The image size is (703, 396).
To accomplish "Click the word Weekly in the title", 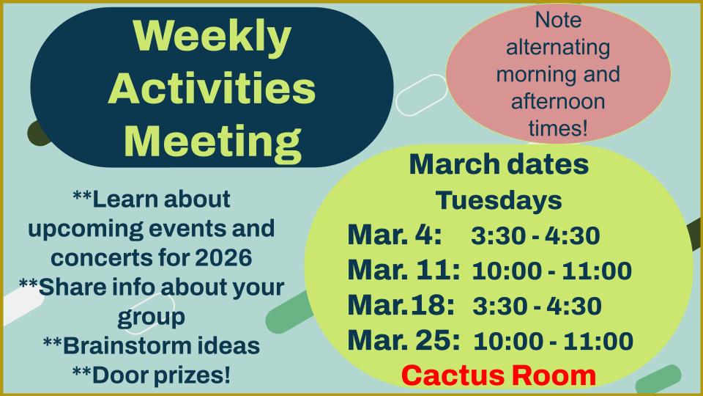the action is [x=212, y=37].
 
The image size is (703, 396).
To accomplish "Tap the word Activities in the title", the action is [x=212, y=88].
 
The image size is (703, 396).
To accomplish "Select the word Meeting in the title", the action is [x=212, y=142].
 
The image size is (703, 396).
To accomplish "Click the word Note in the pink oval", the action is [x=558, y=20].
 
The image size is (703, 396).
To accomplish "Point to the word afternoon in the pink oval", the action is [x=558, y=101].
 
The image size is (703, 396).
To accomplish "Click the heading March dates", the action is [x=499, y=164].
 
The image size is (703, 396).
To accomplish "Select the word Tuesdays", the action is [x=499, y=200].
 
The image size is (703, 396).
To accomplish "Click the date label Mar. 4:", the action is [x=395, y=235].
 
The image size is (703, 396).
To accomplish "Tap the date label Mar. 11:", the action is [x=403, y=270].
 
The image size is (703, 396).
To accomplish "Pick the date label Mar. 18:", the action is [x=401, y=305].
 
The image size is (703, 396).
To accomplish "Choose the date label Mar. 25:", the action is [x=403, y=340].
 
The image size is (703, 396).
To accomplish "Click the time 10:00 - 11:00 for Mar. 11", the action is [x=552, y=271].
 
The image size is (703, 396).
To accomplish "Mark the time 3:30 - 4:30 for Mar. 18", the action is [x=537, y=306].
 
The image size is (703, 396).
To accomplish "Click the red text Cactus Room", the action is [x=499, y=375].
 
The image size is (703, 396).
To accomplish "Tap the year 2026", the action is [x=223, y=257].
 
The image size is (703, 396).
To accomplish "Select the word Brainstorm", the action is [x=123, y=345].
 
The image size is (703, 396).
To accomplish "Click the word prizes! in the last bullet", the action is [x=193, y=375].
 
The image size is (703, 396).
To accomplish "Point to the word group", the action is [x=151, y=318].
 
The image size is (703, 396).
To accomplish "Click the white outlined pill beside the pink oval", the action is [x=422, y=95].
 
